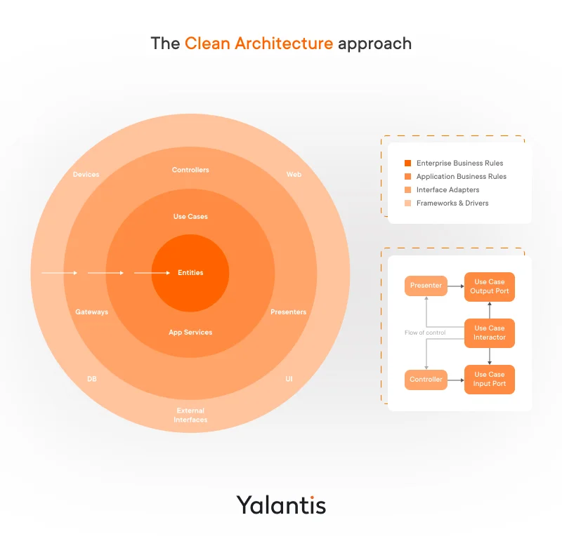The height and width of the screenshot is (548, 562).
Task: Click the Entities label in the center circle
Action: pos(190,272)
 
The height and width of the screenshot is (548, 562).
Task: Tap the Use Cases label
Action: pos(190,217)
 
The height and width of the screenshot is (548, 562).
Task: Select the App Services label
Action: pos(190,333)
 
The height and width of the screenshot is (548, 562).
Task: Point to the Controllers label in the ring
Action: pos(190,170)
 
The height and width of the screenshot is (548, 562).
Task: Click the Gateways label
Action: pos(92,312)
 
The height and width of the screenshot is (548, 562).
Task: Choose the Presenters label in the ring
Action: pos(288,312)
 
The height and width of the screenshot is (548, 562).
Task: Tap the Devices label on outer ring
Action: pos(86,174)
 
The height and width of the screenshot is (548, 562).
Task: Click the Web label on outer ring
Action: pos(294,174)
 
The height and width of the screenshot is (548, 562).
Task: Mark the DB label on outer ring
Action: pos(92,379)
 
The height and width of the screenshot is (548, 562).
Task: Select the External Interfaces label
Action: pos(190,415)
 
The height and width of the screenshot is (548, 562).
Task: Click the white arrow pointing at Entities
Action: pos(152,272)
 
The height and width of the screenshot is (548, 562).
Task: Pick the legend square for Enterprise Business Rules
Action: pos(407,163)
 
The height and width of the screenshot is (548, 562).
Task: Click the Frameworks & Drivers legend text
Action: pos(452,203)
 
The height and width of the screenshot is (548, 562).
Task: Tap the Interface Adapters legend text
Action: pos(447,189)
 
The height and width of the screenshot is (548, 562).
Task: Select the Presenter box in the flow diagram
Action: pos(426,286)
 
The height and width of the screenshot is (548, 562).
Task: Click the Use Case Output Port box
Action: pos(490,287)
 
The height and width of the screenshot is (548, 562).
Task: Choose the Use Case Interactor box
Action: pos(490,333)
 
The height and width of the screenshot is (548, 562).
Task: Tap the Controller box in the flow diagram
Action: pos(426,380)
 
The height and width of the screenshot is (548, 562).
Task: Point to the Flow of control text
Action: pos(425,333)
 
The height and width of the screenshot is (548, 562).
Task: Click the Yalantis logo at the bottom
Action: pos(281,504)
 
